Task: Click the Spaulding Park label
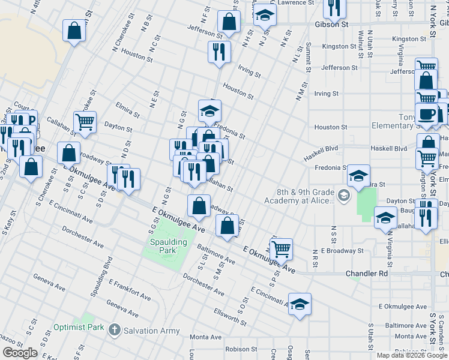[x=168, y=246]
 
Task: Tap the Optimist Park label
[x=78, y=328]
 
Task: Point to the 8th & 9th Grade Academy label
[x=305, y=196]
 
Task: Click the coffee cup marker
[x=427, y=114]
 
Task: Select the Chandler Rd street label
[x=367, y=274]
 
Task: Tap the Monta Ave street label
[x=206, y=337]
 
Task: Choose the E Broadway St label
[x=342, y=250]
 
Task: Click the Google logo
[x=20, y=353]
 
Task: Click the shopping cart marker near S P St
[x=281, y=248]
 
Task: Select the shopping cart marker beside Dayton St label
[x=85, y=121]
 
